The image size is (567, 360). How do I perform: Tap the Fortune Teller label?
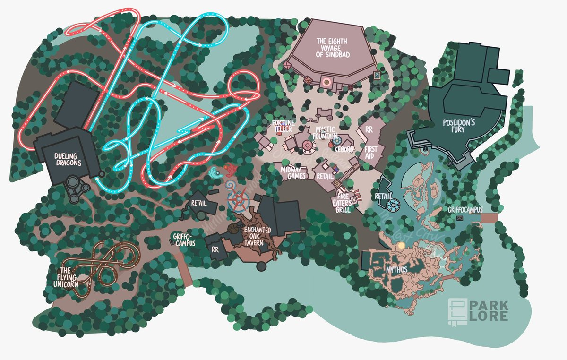(283, 126)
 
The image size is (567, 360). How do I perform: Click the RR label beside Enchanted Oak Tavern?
(215, 249)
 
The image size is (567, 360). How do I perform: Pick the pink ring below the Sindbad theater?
(326, 82)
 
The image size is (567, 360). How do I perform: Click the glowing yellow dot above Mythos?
(402, 245)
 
